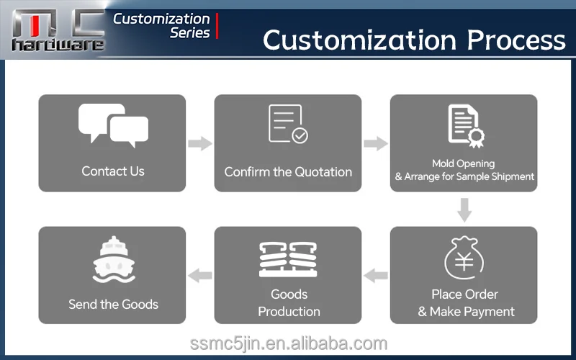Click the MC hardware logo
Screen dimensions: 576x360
tap(58, 30)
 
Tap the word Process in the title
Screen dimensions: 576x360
tap(516, 40)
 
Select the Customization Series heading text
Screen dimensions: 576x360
tap(161, 26)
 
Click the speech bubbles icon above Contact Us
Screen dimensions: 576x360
tap(113, 125)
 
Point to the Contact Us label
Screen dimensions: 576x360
tap(113, 171)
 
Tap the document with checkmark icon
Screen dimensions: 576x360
tap(289, 124)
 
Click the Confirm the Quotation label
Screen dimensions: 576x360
tap(288, 172)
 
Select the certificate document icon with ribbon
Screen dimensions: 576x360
tap(466, 126)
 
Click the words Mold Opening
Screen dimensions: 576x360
tap(463, 163)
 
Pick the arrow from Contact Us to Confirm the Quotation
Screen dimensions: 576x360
tap(200, 143)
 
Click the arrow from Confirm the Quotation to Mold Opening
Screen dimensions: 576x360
tap(376, 143)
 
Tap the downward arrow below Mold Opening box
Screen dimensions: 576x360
tap(464, 210)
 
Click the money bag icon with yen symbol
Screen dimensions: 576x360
tap(464, 258)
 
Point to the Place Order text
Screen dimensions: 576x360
tap(464, 294)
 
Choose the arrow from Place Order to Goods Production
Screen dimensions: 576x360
tap(376, 276)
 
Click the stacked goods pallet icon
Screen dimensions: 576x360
tap(289, 259)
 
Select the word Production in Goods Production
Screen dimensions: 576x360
tap(289, 312)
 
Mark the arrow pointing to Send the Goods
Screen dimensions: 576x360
tap(200, 276)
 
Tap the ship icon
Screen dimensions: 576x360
tap(114, 259)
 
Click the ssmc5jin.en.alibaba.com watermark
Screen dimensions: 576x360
tap(289, 344)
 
